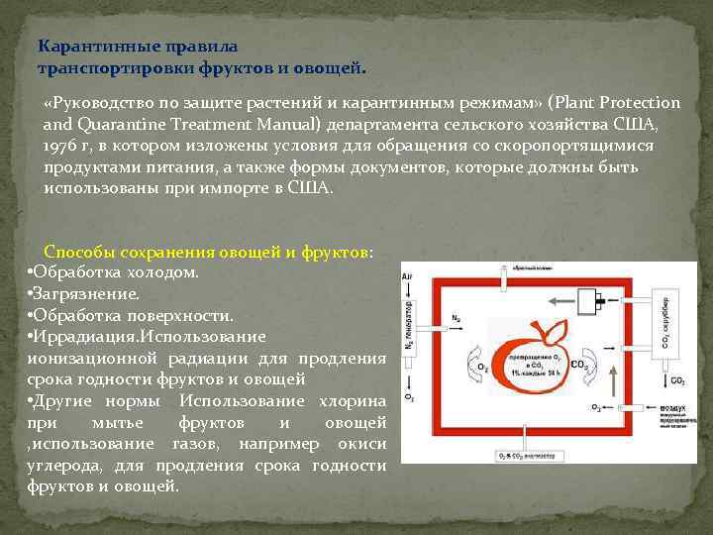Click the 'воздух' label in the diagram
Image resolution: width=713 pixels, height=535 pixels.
click(662, 407)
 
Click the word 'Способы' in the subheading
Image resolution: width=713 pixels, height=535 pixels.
click(75, 252)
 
